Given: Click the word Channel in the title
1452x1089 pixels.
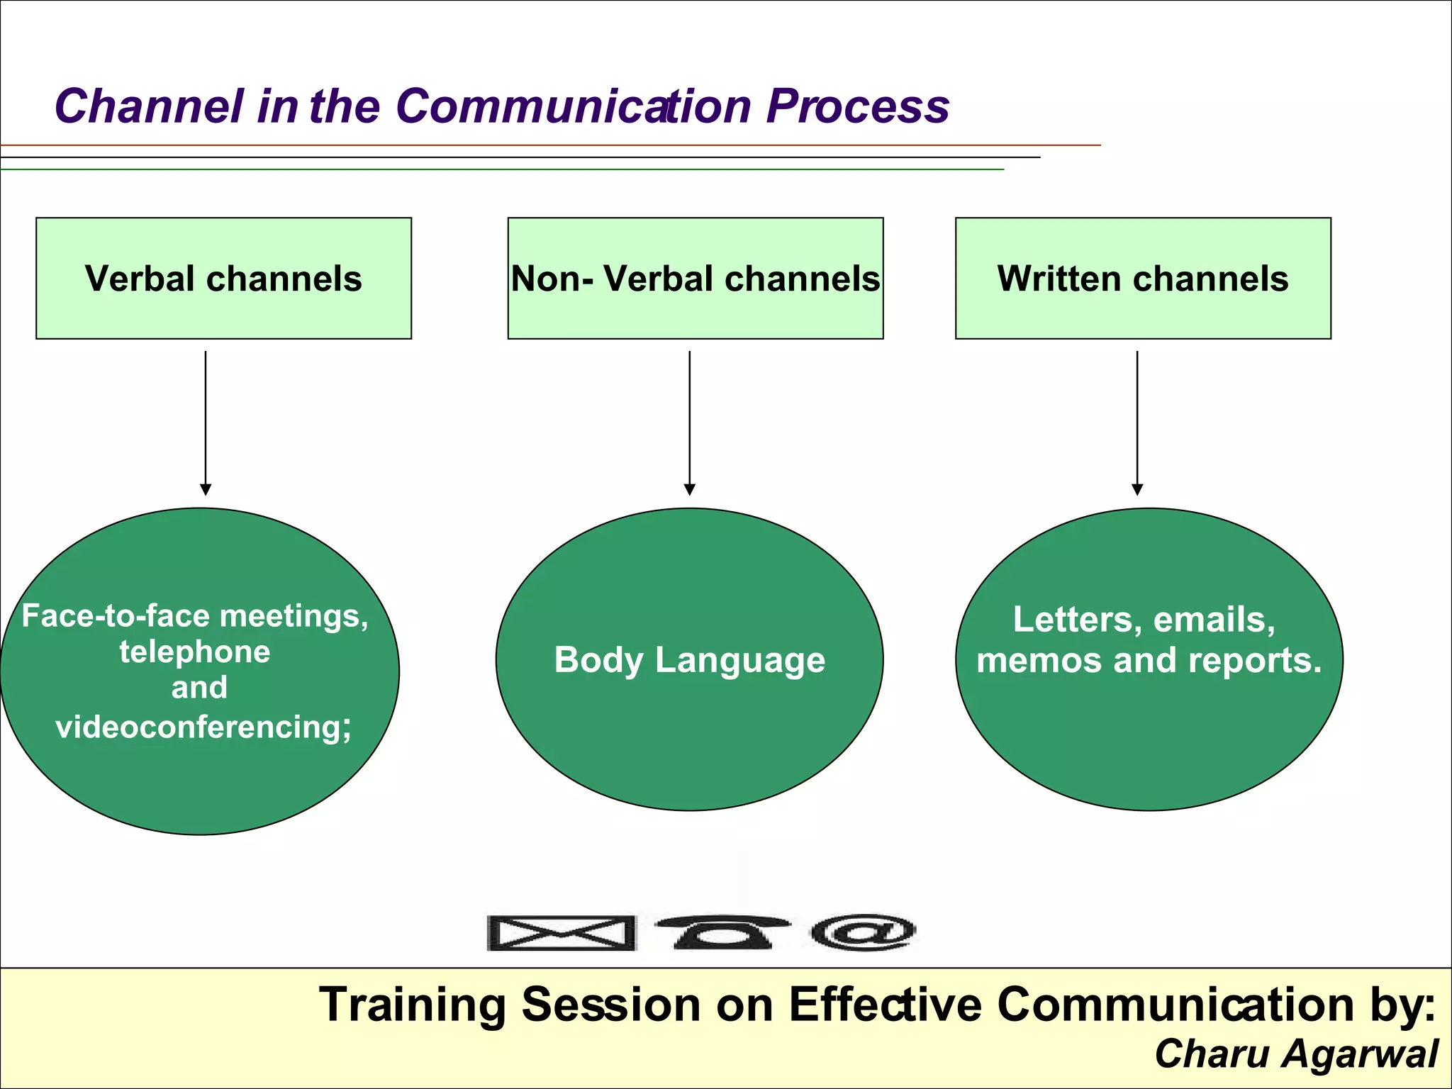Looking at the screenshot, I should pos(149,106).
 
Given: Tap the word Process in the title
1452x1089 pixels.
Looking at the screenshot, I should pos(857,108).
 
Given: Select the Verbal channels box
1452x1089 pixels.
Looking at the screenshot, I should pos(223,278).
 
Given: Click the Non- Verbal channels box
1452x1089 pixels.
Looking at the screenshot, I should pos(695,278).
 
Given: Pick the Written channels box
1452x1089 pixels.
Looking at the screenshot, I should pos(1143,278).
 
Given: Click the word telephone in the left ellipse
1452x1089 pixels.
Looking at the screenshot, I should pos(195,652).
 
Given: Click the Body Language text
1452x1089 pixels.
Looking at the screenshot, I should pos(689,660).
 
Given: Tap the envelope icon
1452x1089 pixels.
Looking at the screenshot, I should pos(561,932).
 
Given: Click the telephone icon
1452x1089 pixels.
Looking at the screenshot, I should pos(722,931).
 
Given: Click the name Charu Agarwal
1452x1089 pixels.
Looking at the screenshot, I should pos(1296,1054).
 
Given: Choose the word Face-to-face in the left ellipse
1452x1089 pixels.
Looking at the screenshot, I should pos(116,615).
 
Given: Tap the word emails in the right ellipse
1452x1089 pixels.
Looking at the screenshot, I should pos(1213,619).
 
